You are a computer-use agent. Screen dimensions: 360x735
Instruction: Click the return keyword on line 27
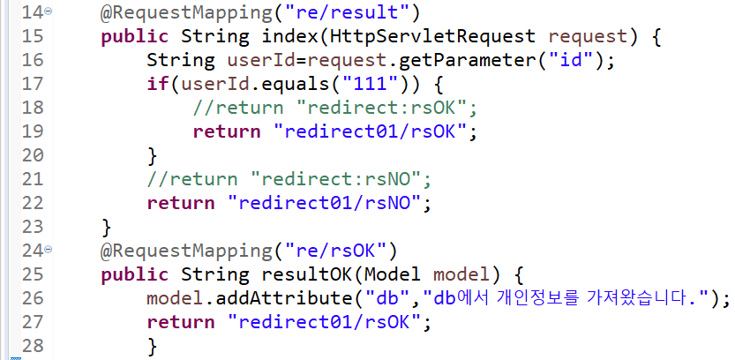[180, 320]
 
